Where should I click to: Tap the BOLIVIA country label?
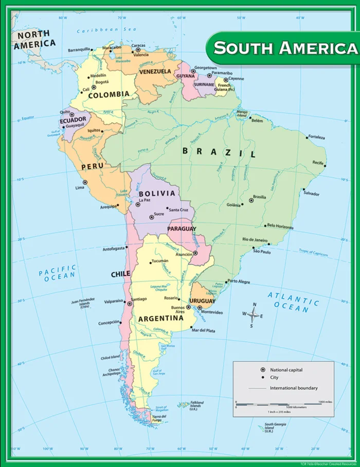pyautogui.click(x=156, y=194)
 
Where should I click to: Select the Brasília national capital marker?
pyautogui.click(x=251, y=200)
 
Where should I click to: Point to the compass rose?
pyautogui.click(x=252, y=315)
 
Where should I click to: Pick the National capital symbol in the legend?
pyautogui.click(x=263, y=370)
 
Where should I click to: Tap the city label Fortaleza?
pyautogui.click(x=316, y=137)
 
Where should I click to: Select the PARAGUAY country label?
pyautogui.click(x=182, y=229)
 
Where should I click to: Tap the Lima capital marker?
pyautogui.click(x=85, y=182)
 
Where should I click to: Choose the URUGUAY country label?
pyautogui.click(x=202, y=301)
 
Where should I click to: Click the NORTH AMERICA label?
pyautogui.click(x=33, y=40)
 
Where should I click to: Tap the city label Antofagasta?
pyautogui.click(x=114, y=249)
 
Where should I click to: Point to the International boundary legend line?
pyautogui.click(x=257, y=388)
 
